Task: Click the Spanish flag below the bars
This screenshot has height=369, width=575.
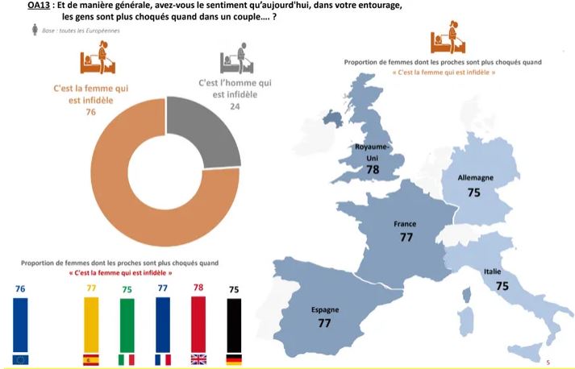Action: pos(91,359)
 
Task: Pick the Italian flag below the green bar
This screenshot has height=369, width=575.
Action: pos(127,359)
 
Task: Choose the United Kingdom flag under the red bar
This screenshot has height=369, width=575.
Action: pos(198,359)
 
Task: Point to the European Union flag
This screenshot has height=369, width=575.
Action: pos(20,359)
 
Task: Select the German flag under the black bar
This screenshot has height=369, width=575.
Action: pos(234,359)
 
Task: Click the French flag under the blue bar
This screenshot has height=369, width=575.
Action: pos(163,359)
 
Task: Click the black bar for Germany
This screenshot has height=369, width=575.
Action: pos(234,325)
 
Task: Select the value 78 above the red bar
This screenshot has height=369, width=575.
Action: pos(198,288)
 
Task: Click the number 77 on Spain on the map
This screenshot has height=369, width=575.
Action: pos(325,322)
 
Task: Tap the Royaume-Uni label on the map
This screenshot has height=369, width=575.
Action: pos(373,151)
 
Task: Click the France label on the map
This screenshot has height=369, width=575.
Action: pos(404,224)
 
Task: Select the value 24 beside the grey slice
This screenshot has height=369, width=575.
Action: pos(235,106)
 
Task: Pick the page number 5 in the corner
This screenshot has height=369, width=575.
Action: pos(548,362)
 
